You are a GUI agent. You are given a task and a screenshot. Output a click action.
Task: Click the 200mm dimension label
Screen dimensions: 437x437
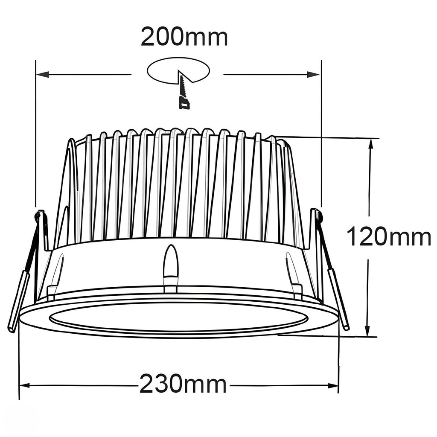(x=184, y=37)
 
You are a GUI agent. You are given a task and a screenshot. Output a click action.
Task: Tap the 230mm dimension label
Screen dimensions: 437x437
(x=183, y=384)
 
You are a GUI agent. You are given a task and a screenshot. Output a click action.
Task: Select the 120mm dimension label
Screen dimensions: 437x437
(x=388, y=237)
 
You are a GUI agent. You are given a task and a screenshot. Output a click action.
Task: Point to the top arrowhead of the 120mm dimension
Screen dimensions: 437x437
(x=371, y=144)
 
